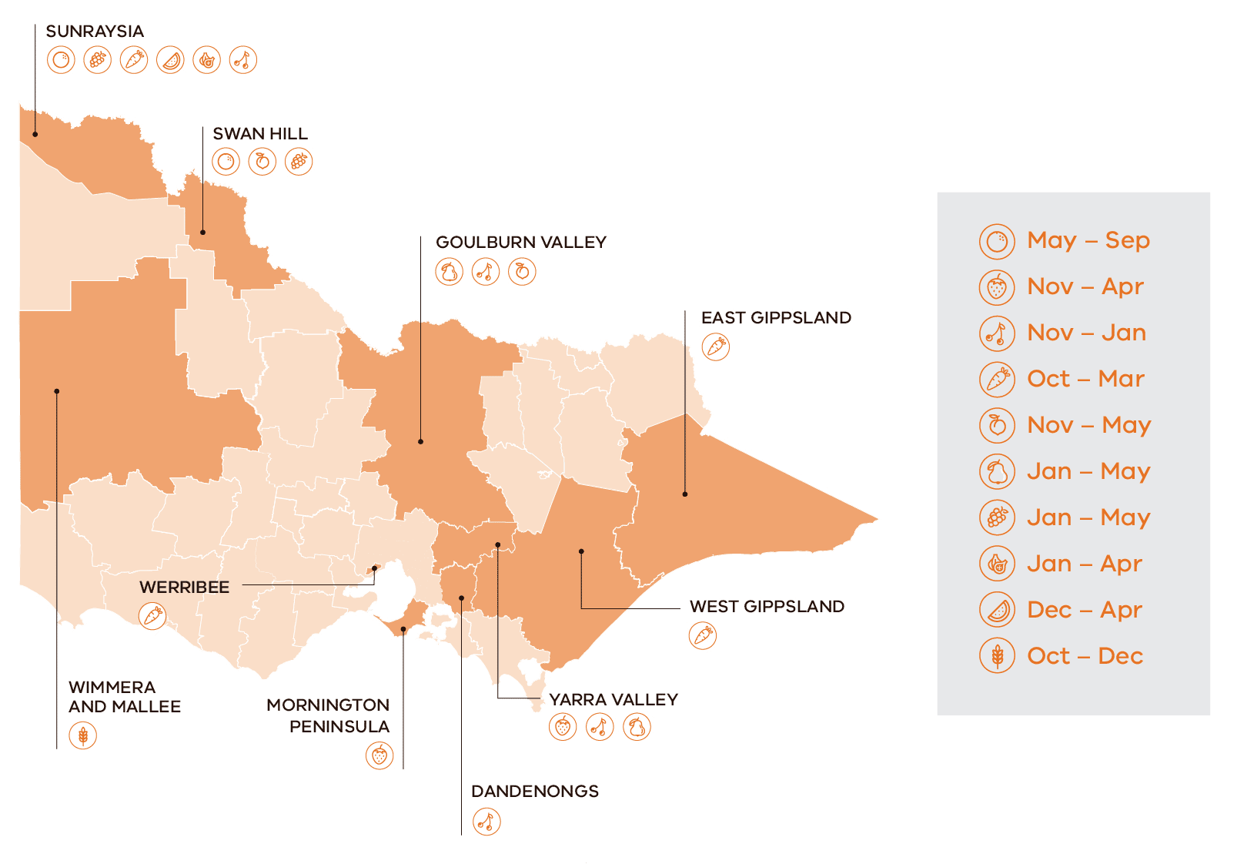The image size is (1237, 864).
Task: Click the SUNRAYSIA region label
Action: (x=95, y=32)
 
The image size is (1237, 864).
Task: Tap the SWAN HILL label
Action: (x=260, y=134)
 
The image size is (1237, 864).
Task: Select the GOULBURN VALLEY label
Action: (x=521, y=243)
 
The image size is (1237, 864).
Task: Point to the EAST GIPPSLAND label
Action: (x=776, y=318)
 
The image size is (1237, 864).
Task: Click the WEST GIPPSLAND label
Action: (x=767, y=607)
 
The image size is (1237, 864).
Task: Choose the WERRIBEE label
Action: (x=185, y=588)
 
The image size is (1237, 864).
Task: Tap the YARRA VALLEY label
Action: (x=613, y=700)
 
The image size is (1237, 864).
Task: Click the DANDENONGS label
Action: (x=535, y=792)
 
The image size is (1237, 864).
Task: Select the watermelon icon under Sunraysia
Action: (x=171, y=60)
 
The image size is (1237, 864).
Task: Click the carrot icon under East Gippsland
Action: (x=716, y=347)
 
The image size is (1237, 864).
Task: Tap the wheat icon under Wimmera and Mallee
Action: (x=83, y=735)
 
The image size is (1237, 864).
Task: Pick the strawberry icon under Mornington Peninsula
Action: (x=379, y=755)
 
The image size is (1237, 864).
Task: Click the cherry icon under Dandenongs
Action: (x=486, y=822)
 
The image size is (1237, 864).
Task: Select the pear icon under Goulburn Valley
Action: (x=450, y=272)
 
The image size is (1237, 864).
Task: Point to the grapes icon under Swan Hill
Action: (x=299, y=162)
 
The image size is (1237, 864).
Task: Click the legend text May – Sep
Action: (x=1088, y=240)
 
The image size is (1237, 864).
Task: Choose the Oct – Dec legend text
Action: (x=1085, y=656)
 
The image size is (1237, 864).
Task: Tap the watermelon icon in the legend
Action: (x=997, y=610)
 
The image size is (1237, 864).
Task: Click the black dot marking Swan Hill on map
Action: (x=203, y=232)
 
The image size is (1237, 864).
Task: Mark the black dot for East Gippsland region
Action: (x=685, y=494)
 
